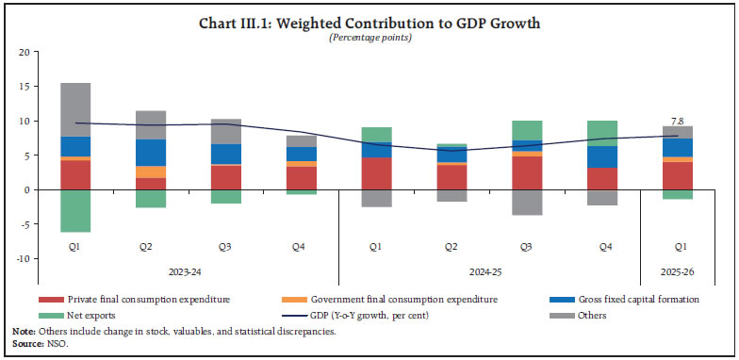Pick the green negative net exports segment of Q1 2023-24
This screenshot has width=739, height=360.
pyautogui.click(x=75, y=210)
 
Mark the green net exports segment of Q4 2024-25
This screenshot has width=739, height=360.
pyautogui.click(x=600, y=133)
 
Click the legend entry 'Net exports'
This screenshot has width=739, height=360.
pyautogui.click(x=97, y=315)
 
